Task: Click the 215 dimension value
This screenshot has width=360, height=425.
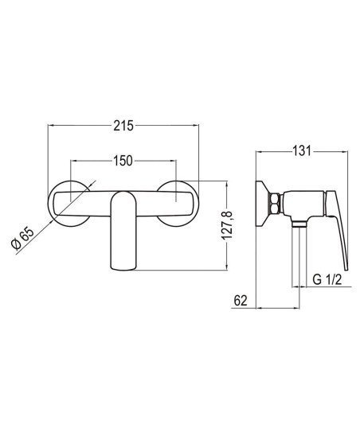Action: (123, 126)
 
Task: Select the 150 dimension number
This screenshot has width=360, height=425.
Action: (123, 161)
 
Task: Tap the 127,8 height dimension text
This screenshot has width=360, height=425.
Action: (227, 225)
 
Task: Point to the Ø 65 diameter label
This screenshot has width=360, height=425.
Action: (23, 238)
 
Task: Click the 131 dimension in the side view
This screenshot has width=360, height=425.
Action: (302, 150)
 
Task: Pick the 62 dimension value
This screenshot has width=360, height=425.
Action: (241, 300)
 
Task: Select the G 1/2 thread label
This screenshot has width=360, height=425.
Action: (327, 279)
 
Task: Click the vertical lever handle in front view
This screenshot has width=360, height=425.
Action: (123, 230)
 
